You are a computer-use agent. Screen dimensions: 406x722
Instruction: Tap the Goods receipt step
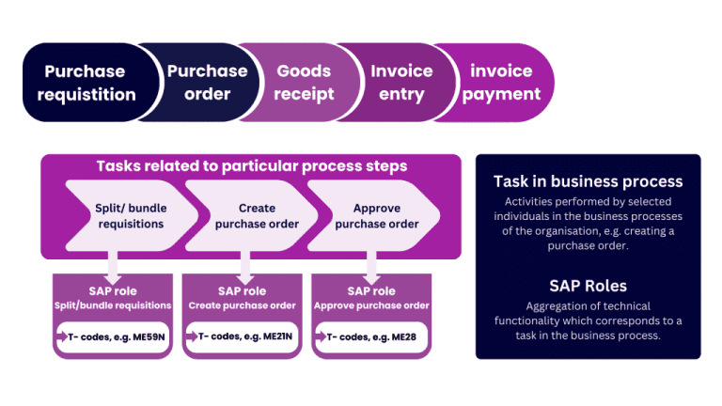point(304,83)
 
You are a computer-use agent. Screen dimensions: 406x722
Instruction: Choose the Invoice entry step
point(401,83)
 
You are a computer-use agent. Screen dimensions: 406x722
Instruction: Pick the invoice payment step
point(501,83)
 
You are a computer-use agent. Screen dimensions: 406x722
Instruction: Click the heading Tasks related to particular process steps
point(251,166)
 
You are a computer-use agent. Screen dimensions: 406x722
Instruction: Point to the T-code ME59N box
point(113,336)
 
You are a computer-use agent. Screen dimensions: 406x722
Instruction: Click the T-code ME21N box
point(242,336)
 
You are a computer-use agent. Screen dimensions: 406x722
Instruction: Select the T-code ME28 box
point(371,336)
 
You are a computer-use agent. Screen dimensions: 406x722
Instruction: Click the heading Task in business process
point(588,181)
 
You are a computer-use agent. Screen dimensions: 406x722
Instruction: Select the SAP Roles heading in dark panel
point(588,286)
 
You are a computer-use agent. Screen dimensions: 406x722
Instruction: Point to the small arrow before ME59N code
point(63,336)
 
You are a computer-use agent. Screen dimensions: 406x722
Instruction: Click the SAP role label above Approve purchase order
point(371,290)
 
